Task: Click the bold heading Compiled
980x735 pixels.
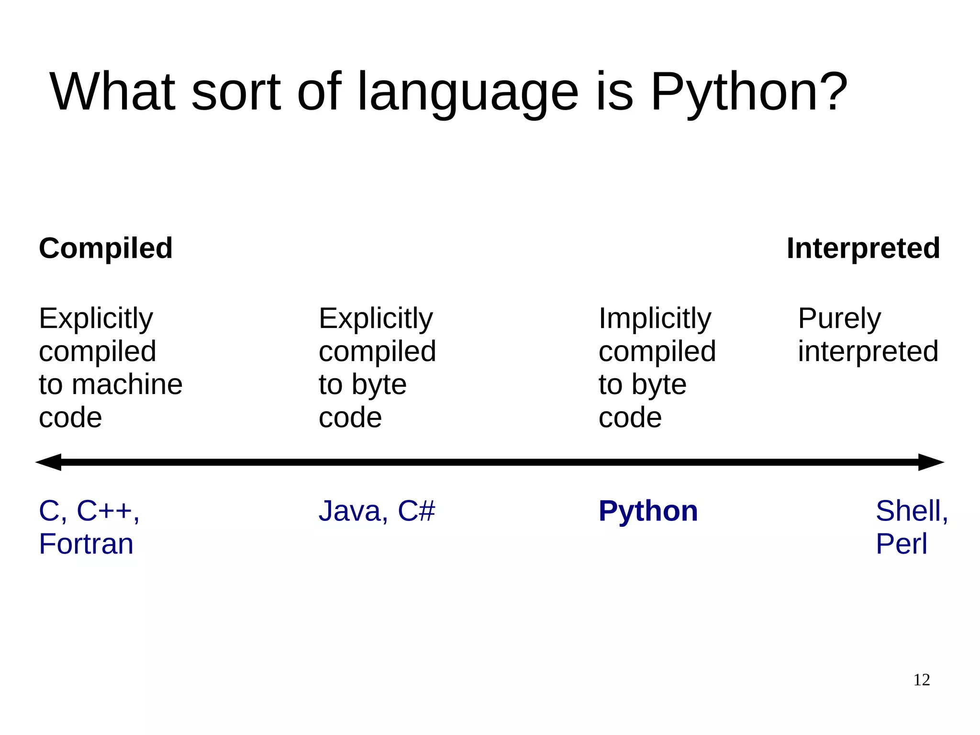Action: click(x=105, y=249)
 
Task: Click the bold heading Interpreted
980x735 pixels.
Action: click(x=863, y=249)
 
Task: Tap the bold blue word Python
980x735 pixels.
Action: click(x=648, y=511)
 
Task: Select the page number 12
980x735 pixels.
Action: click(x=921, y=680)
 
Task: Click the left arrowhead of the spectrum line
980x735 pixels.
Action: click(x=49, y=462)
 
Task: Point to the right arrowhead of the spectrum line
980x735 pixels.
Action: click(x=930, y=462)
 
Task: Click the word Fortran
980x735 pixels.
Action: click(x=86, y=544)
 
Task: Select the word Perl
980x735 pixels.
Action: click(x=902, y=544)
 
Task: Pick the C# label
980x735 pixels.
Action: click(x=416, y=511)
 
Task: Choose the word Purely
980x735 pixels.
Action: click(x=839, y=319)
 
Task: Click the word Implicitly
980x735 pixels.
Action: click(x=655, y=319)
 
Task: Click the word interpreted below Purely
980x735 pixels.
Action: click(x=868, y=351)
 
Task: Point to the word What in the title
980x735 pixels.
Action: click(x=112, y=91)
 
